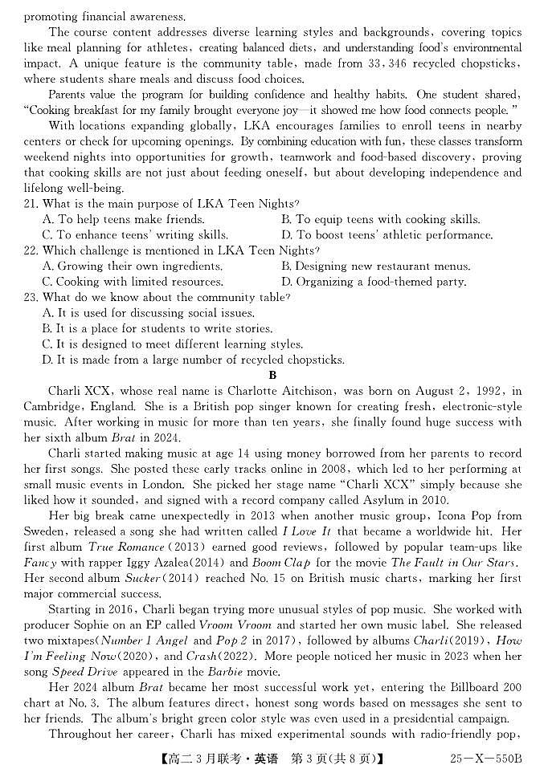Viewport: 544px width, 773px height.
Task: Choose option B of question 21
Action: [x=380, y=220]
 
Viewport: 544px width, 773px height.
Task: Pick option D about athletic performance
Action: [x=387, y=235]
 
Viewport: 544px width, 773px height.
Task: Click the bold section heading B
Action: [x=272, y=375]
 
